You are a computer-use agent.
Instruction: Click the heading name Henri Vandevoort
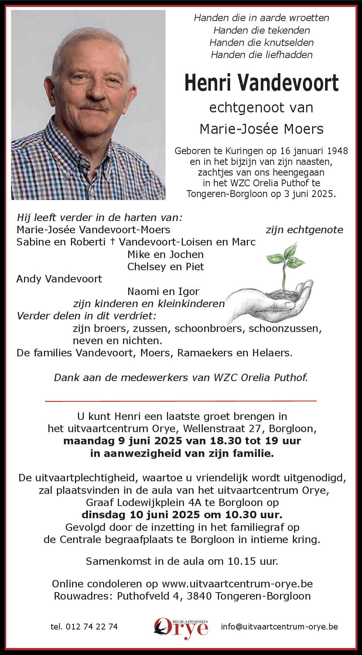tap(261, 83)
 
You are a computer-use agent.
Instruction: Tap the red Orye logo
tap(181, 628)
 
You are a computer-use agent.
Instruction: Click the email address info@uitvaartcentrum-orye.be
tap(279, 627)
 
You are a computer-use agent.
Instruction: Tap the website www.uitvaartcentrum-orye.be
tap(237, 584)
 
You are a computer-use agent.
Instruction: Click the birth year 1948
tap(337, 151)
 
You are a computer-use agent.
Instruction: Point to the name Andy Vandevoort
tap(59, 279)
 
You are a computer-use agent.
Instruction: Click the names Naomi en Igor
tap(163, 291)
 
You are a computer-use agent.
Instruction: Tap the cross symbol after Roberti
tap(112, 241)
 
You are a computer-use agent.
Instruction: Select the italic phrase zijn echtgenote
tap(304, 230)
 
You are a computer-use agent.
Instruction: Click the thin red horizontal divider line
tap(181, 401)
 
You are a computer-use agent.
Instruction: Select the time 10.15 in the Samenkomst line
tap(242, 561)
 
